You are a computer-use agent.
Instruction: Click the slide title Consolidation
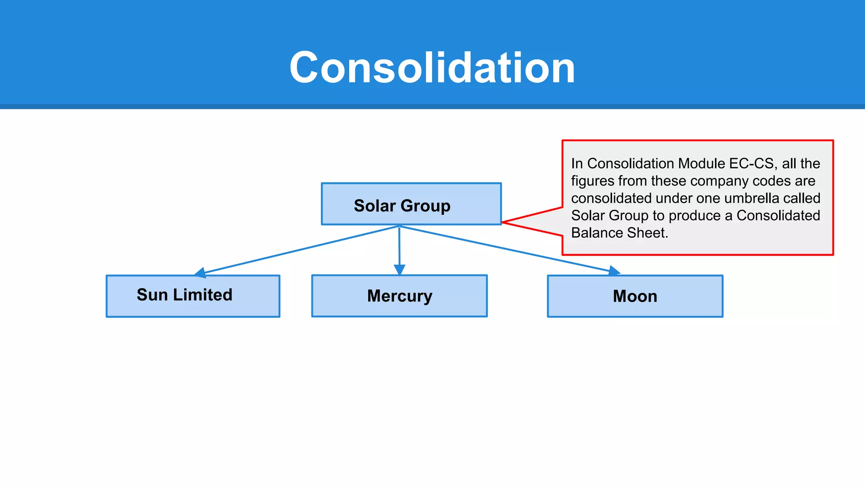(432, 68)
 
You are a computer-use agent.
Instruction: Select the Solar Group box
(411, 204)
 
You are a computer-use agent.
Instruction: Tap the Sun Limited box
(193, 296)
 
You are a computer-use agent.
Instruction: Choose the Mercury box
(399, 296)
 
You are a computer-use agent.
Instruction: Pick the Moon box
(635, 296)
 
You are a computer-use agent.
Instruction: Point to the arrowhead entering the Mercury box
(399, 270)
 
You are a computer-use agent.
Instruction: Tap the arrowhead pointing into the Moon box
(615, 271)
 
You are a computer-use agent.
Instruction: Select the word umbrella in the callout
(749, 198)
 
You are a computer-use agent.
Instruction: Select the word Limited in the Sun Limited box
(203, 295)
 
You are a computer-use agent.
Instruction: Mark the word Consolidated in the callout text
(778, 216)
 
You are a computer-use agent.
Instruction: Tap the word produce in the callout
(695, 216)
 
